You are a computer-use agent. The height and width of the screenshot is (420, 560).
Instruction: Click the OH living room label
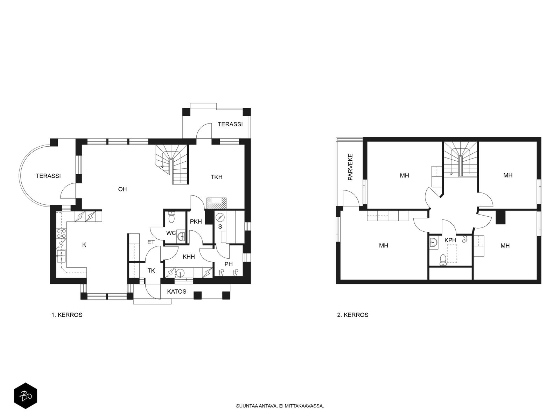pyautogui.click(x=122, y=189)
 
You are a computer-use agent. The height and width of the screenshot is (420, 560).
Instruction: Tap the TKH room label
pyautogui.click(x=217, y=177)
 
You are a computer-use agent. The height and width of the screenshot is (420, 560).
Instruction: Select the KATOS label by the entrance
pyautogui.click(x=177, y=292)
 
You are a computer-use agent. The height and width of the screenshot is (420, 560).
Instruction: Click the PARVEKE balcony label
pyautogui.click(x=350, y=167)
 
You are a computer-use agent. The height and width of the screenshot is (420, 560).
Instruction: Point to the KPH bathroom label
pyautogui.click(x=450, y=240)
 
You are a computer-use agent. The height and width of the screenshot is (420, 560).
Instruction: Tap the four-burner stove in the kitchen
pyautogui.click(x=61, y=234)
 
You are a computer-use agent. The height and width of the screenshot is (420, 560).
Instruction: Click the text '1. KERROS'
pyautogui.click(x=67, y=315)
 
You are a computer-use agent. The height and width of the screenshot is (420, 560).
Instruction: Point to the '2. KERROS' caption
pyautogui.click(x=352, y=315)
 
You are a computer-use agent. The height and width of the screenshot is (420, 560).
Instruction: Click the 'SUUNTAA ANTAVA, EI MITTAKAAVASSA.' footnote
pyautogui.click(x=280, y=406)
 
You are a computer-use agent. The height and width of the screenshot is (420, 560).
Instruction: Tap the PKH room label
pyautogui.click(x=196, y=222)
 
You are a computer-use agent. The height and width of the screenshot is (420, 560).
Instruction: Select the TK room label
pyautogui.click(x=151, y=271)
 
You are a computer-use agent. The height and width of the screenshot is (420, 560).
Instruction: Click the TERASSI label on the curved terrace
pyautogui.click(x=48, y=176)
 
